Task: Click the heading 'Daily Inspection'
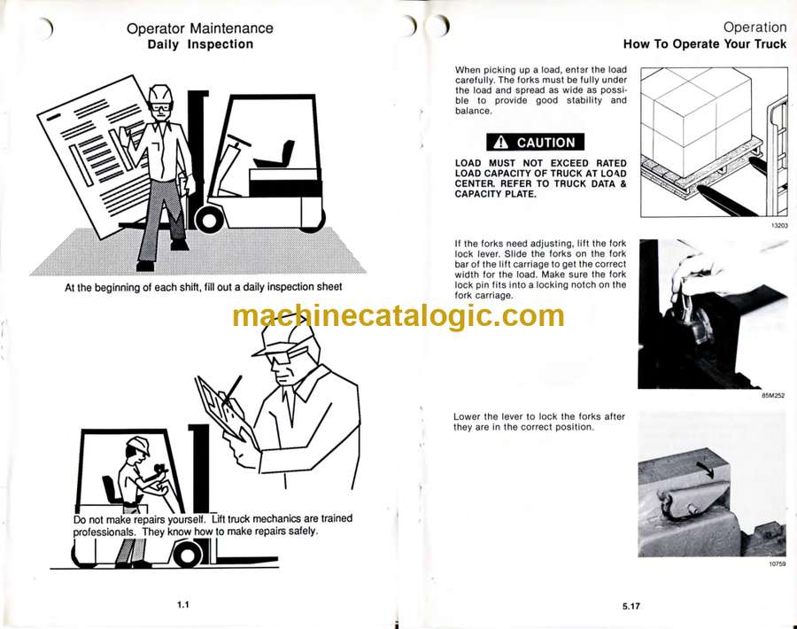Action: (200, 44)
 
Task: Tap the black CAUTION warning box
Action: (535, 143)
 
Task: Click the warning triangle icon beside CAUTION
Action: (500, 143)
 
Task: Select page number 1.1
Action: (183, 604)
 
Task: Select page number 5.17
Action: (631, 606)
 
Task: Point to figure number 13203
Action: (779, 225)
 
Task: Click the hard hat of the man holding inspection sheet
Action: (160, 94)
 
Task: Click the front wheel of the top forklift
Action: (208, 221)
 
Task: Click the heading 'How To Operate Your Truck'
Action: (705, 44)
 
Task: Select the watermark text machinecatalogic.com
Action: (398, 315)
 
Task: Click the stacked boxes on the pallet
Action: (696, 122)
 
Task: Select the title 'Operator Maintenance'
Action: (200, 28)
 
